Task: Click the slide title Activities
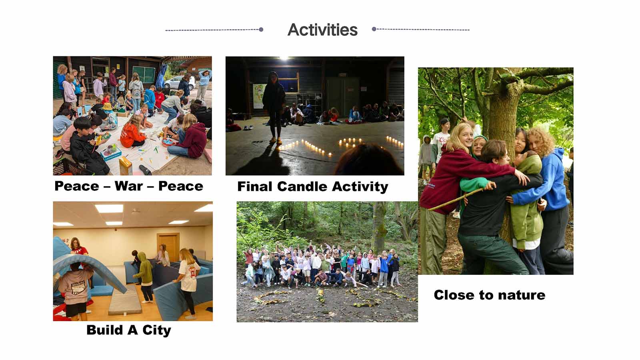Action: pyautogui.click(x=322, y=30)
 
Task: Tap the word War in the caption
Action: pyautogui.click(x=128, y=186)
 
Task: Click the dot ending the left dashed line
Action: pyautogui.click(x=261, y=30)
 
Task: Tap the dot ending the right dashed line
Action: pyautogui.click(x=374, y=29)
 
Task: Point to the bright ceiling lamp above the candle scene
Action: pyautogui.click(x=284, y=58)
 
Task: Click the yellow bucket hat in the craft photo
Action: pyautogui.click(x=108, y=106)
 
